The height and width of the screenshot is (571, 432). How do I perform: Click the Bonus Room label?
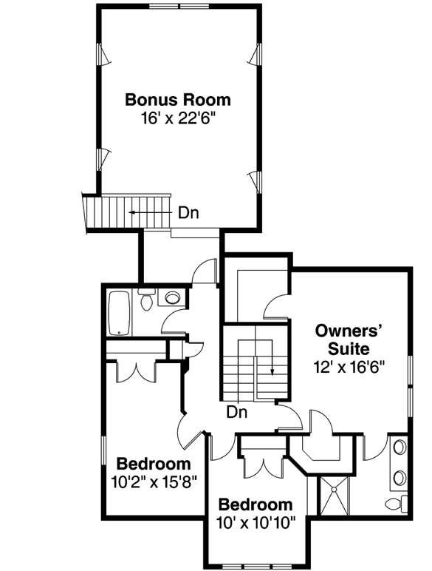177,99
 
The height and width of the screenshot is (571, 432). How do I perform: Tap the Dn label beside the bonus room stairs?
188,213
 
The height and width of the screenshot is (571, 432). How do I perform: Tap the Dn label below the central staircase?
236,412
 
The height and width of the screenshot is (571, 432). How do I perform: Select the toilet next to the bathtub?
146,301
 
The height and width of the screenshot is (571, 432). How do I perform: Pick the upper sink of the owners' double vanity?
400,449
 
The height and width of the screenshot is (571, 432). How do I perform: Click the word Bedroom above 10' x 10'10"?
256,506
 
